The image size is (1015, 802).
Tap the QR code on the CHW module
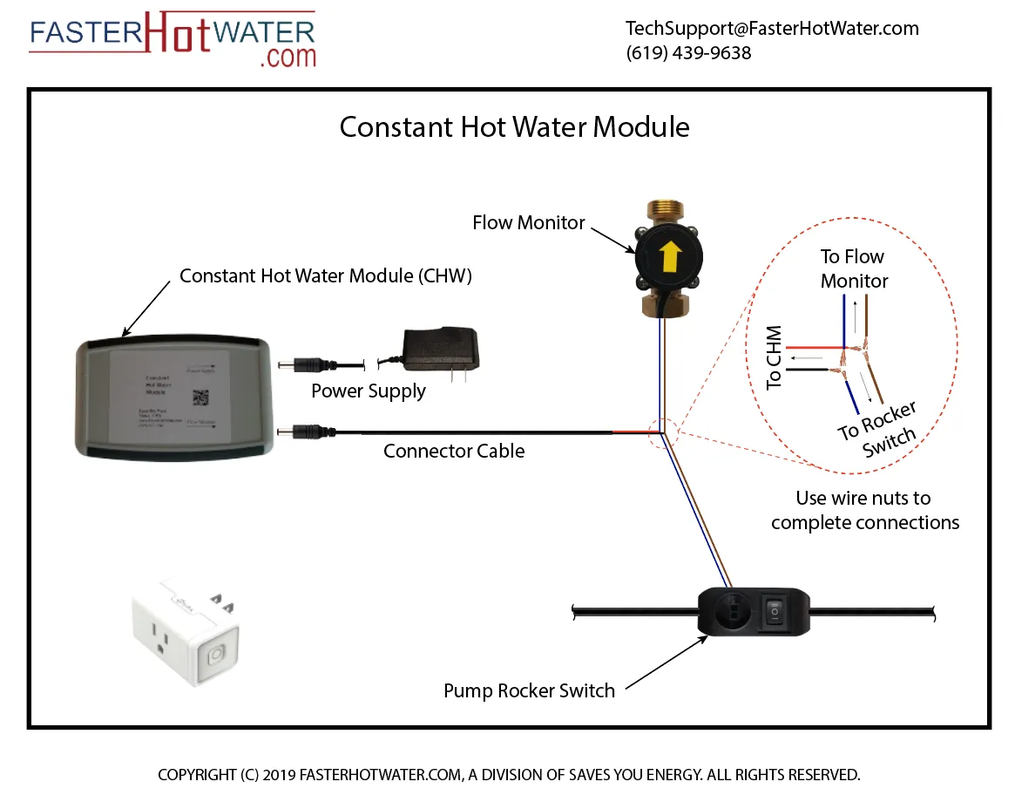[200, 397]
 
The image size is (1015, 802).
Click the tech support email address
[772, 29]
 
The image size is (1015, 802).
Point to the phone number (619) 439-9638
[688, 53]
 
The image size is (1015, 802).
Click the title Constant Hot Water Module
[514, 127]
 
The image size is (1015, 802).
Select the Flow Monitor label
[529, 223]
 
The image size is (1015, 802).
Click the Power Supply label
[369, 391]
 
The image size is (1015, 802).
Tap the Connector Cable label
[454, 452]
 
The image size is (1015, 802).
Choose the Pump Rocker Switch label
[529, 691]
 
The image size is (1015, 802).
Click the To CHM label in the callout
[774, 358]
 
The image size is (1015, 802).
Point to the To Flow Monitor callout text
[853, 268]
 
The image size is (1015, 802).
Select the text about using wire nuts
[864, 511]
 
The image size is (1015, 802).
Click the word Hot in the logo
[177, 34]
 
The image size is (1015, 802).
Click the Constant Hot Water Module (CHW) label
[325, 276]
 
